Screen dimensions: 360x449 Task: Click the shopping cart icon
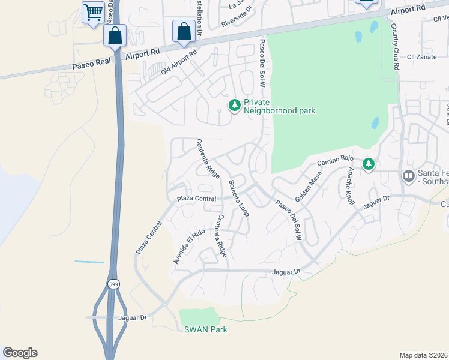(93, 11)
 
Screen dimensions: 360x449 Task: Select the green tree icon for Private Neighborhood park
(234, 106)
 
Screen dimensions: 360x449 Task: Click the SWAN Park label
(205, 329)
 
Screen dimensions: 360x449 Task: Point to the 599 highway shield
(113, 283)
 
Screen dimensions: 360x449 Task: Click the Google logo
(20, 353)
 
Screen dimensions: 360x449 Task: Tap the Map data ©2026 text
(423, 355)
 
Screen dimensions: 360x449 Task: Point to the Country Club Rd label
(394, 47)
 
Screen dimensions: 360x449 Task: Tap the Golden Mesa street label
(309, 186)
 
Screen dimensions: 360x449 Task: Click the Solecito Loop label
(238, 197)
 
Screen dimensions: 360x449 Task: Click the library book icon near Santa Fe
(409, 175)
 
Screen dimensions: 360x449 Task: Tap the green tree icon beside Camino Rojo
(368, 163)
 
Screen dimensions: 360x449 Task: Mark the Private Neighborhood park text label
(279, 106)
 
